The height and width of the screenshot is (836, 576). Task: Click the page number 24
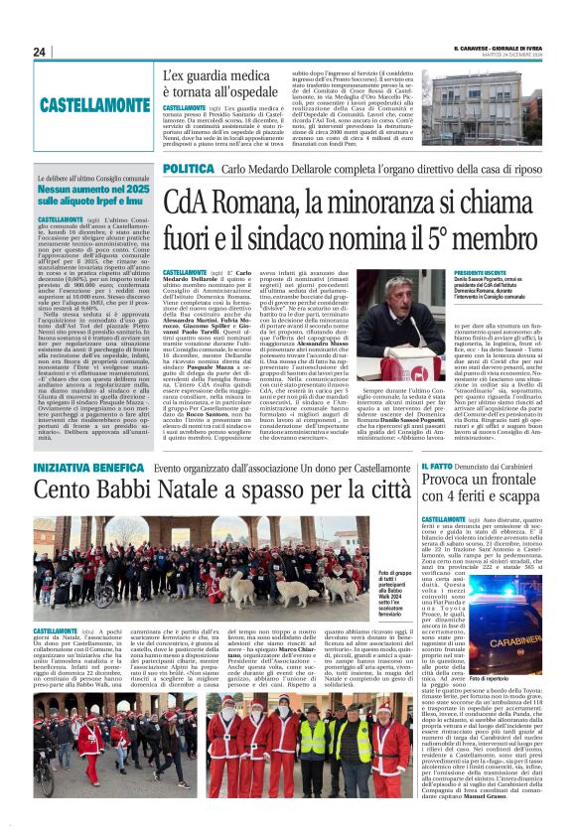point(40,52)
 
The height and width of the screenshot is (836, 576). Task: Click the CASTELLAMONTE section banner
point(95,103)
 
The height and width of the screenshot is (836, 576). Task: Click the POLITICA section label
point(188,170)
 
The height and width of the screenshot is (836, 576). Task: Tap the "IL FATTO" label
point(438,466)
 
